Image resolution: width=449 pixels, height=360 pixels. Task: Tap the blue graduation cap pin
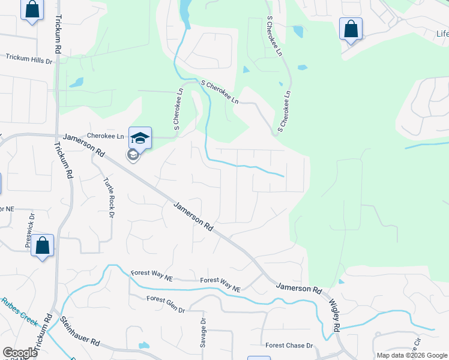click(140, 137)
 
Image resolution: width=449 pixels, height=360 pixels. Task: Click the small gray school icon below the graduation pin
click(133, 155)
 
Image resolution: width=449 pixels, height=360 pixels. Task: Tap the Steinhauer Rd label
click(80, 332)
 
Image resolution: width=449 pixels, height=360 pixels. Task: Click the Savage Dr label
click(203, 332)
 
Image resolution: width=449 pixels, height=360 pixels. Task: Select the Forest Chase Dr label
click(289, 346)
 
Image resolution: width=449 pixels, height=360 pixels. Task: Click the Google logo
click(20, 353)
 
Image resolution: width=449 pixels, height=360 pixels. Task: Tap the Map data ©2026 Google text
click(411, 355)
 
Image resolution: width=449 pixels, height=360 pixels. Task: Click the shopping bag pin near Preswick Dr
click(43, 245)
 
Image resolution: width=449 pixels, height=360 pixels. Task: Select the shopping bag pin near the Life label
click(351, 29)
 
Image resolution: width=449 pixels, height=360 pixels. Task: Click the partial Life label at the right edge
click(441, 34)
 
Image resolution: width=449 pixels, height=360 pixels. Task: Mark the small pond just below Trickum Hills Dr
click(76, 82)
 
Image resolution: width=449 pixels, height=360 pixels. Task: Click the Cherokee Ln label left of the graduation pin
click(105, 136)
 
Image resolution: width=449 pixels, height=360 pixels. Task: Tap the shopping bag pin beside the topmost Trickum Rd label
click(32, 10)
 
